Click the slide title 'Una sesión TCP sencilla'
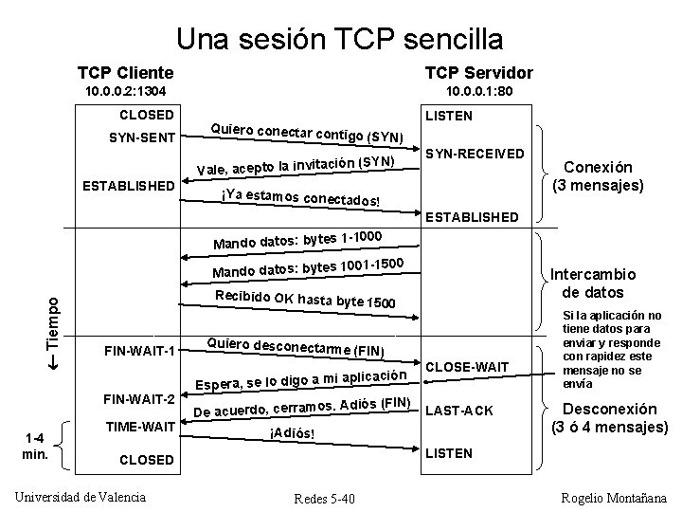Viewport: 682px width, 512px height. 339,39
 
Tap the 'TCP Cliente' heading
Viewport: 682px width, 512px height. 125,73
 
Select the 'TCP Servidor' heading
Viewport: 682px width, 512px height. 478,73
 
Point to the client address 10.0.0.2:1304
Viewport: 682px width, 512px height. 126,92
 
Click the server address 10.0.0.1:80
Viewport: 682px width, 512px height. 478,92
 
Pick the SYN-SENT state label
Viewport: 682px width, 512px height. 142,137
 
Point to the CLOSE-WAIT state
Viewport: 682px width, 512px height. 469,366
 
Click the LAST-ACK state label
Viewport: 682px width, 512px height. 460,411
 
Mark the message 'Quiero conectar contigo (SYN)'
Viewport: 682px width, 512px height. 307,135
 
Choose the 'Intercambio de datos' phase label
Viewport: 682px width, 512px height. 599,283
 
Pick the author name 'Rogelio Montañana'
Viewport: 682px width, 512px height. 615,498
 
